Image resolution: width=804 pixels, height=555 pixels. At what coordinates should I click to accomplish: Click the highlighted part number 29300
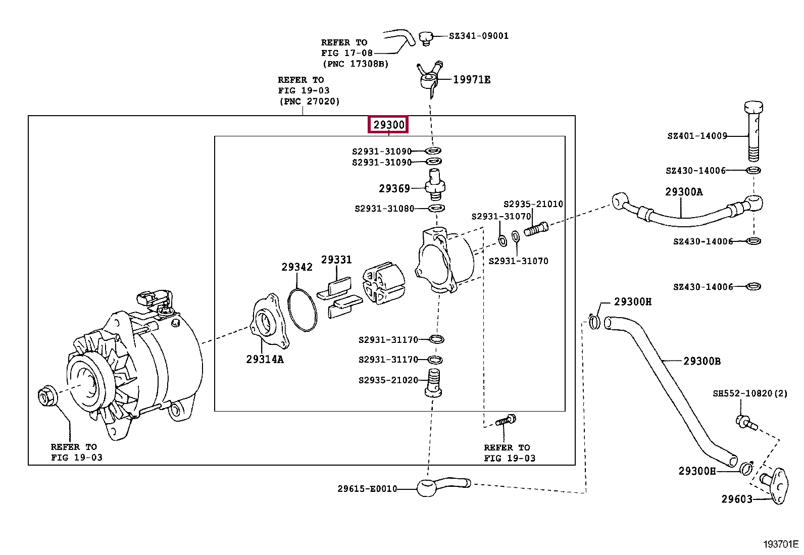click(x=389, y=125)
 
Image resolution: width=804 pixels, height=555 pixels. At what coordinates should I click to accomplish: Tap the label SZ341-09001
click(x=479, y=36)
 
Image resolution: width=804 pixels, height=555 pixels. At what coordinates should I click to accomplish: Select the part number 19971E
click(x=472, y=79)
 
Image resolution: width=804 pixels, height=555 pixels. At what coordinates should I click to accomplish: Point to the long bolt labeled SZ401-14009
click(x=753, y=131)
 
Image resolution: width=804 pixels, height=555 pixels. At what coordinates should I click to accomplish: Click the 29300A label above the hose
click(x=684, y=192)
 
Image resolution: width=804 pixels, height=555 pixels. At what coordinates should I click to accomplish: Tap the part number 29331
click(x=336, y=260)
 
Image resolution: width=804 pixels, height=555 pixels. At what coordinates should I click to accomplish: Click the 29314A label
click(x=265, y=359)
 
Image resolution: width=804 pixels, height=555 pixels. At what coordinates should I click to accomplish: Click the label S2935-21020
click(x=388, y=380)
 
